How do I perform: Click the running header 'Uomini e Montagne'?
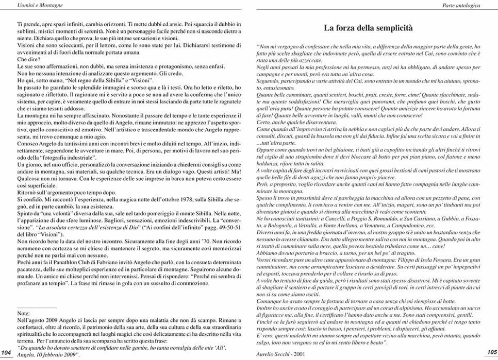(27, 5)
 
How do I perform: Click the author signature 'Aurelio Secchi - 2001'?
(281, 354)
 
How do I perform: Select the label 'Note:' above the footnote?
(24, 313)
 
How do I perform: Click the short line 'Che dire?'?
(27, 60)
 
